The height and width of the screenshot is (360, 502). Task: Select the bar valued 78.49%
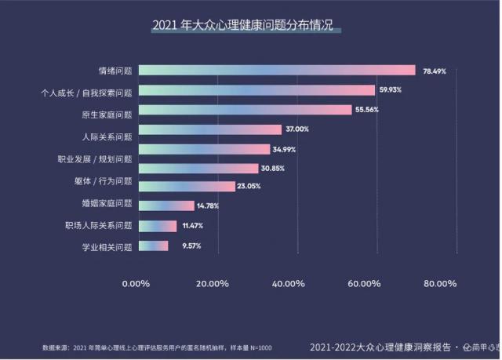tap(277, 71)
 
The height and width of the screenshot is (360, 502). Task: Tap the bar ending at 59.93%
tap(256, 90)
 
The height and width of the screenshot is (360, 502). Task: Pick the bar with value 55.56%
tap(245, 110)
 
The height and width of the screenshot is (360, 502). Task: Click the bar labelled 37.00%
tap(209, 129)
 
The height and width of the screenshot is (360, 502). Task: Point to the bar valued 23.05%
tap(187, 187)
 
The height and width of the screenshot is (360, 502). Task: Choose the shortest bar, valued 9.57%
tap(153, 245)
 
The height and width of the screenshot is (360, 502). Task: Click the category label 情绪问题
tap(115, 71)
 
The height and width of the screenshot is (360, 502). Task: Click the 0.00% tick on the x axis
tap(136, 283)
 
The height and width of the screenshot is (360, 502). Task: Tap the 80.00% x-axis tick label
tap(439, 283)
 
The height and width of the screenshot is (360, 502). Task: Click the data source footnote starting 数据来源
tap(157, 347)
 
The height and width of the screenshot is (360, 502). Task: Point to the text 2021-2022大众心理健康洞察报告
tap(380, 347)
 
